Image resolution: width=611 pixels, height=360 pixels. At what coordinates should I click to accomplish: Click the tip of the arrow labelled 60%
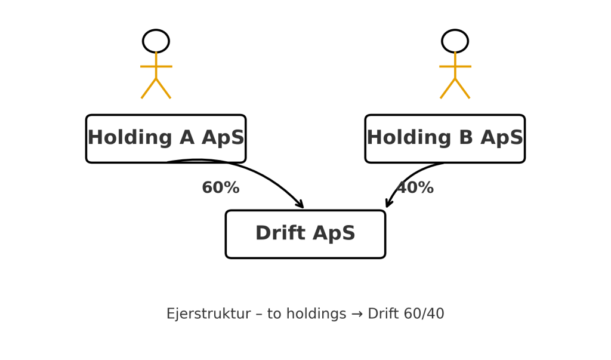click(x=303, y=208)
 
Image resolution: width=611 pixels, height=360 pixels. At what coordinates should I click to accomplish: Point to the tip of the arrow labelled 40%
click(x=386, y=207)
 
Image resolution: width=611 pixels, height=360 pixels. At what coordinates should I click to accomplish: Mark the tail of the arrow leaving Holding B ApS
click(x=444, y=164)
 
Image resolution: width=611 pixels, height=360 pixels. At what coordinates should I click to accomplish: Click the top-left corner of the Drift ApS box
click(x=226, y=211)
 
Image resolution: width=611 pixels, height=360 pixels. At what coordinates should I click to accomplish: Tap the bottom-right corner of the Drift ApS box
click(x=385, y=258)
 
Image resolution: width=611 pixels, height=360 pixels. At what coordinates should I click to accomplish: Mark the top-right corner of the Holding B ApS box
click(x=525, y=115)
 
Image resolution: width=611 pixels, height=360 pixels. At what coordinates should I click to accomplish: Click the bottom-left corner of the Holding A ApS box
click(x=86, y=162)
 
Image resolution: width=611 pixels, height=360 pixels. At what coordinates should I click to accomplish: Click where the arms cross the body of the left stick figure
click(x=156, y=67)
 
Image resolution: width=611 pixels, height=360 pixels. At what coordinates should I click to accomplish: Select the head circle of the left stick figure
click(x=156, y=41)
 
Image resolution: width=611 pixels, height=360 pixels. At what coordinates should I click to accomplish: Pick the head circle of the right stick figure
click(x=455, y=41)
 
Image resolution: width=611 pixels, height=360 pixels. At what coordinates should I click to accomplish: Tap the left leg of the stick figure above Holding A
click(x=149, y=88)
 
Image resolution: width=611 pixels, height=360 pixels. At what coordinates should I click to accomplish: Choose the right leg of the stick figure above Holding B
click(x=462, y=88)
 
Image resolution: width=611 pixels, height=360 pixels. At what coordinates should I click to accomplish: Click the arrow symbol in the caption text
click(x=357, y=314)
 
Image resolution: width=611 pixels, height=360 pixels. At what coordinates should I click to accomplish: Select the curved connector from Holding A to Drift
click(x=241, y=168)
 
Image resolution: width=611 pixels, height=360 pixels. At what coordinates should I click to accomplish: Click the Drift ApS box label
click(x=305, y=233)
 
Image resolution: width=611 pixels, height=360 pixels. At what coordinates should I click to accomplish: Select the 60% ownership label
click(x=221, y=187)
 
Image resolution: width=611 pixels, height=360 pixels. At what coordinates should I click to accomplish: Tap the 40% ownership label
click(x=415, y=187)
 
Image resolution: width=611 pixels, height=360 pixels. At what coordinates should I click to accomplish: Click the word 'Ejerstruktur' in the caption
click(x=208, y=314)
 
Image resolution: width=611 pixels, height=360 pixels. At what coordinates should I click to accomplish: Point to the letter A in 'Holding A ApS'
click(x=187, y=138)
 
